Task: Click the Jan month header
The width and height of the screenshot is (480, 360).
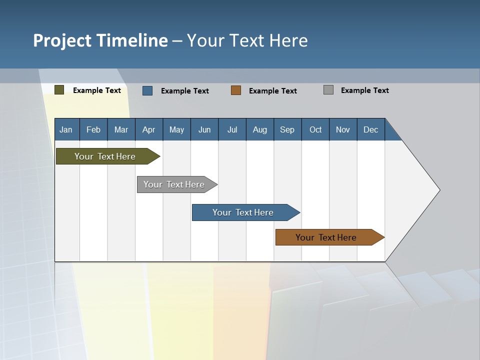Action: click(66, 129)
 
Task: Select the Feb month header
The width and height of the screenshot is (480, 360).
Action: click(93, 129)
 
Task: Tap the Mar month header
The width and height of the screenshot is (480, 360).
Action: click(121, 129)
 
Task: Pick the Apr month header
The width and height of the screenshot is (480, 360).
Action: click(149, 129)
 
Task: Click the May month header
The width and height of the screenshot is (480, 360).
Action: click(176, 129)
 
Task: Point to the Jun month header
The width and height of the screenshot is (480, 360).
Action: click(204, 129)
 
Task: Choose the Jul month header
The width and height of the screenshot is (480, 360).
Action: click(232, 129)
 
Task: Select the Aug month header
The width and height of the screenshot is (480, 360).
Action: click(260, 129)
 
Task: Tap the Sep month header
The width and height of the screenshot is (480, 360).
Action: click(287, 129)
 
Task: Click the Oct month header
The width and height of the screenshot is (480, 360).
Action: click(315, 129)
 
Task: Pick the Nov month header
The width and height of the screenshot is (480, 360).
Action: click(343, 129)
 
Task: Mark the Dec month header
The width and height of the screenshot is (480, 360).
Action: click(371, 129)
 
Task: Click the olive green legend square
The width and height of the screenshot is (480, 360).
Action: click(59, 90)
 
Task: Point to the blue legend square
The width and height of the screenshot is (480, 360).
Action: click(147, 90)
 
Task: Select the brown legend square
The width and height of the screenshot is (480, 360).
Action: click(236, 90)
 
